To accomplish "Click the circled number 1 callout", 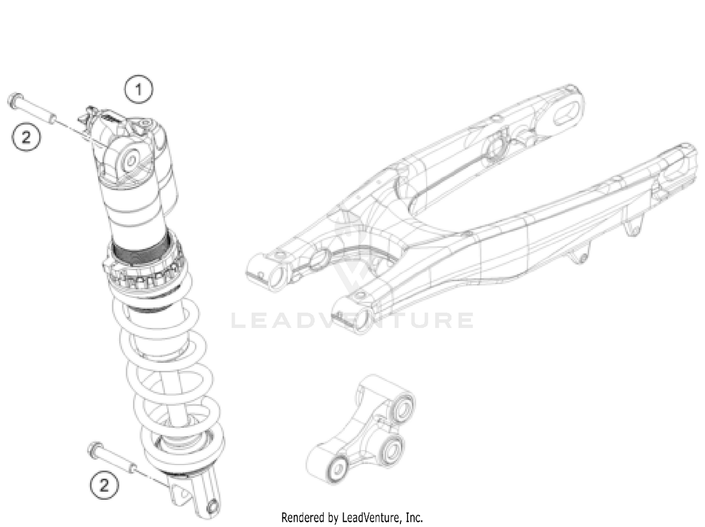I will (x=139, y=89).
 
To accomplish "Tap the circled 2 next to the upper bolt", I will (x=26, y=137).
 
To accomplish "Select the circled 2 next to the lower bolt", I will (x=104, y=484).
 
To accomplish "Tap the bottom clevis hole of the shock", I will (x=212, y=506).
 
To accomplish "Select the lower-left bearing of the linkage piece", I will (x=337, y=469).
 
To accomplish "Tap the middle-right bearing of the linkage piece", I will (x=391, y=449).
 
